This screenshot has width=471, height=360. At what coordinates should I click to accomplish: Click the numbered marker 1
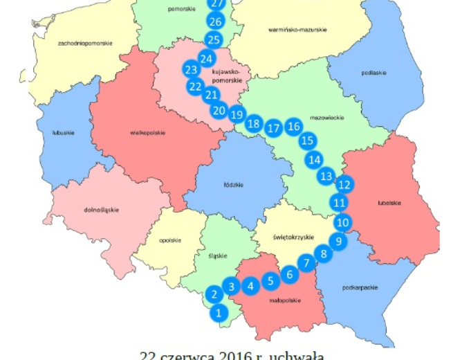coord(219,312)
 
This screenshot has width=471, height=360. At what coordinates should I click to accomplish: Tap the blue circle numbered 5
coord(270,280)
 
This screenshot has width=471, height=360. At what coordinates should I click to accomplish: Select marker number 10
coord(344,223)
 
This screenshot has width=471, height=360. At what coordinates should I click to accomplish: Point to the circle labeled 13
coord(326,177)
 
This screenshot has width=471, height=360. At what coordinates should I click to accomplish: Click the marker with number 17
coord(274,128)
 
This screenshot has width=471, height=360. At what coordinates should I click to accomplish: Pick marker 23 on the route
coord(192,70)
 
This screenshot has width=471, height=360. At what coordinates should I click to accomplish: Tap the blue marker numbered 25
coord(214,39)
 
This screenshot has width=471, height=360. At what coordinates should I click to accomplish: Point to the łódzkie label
coord(232,184)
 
